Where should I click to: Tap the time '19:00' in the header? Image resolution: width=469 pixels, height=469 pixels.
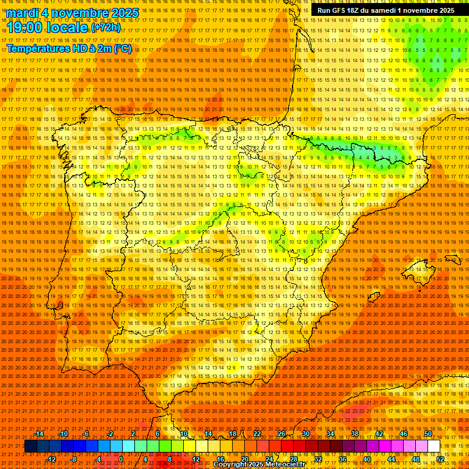click(x=26, y=27)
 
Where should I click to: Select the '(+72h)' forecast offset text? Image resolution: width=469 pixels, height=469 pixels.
click(x=106, y=27)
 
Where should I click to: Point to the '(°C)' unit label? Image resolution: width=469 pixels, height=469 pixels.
click(x=122, y=49)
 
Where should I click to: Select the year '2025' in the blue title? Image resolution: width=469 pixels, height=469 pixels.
click(x=121, y=13)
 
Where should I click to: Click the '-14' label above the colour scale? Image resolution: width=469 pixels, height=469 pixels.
click(x=39, y=434)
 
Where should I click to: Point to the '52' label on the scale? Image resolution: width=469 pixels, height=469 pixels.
click(x=440, y=459)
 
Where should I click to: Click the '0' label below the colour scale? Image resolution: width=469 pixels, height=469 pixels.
click(x=121, y=459)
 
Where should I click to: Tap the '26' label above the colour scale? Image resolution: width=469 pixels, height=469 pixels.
click(x=281, y=434)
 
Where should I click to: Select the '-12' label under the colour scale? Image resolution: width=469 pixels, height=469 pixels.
click(x=51, y=459)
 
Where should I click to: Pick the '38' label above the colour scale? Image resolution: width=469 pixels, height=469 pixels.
click(x=354, y=434)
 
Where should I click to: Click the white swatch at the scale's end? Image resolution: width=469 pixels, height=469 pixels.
click(x=434, y=446)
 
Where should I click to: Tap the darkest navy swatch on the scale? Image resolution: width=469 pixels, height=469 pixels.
click(x=31, y=446)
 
